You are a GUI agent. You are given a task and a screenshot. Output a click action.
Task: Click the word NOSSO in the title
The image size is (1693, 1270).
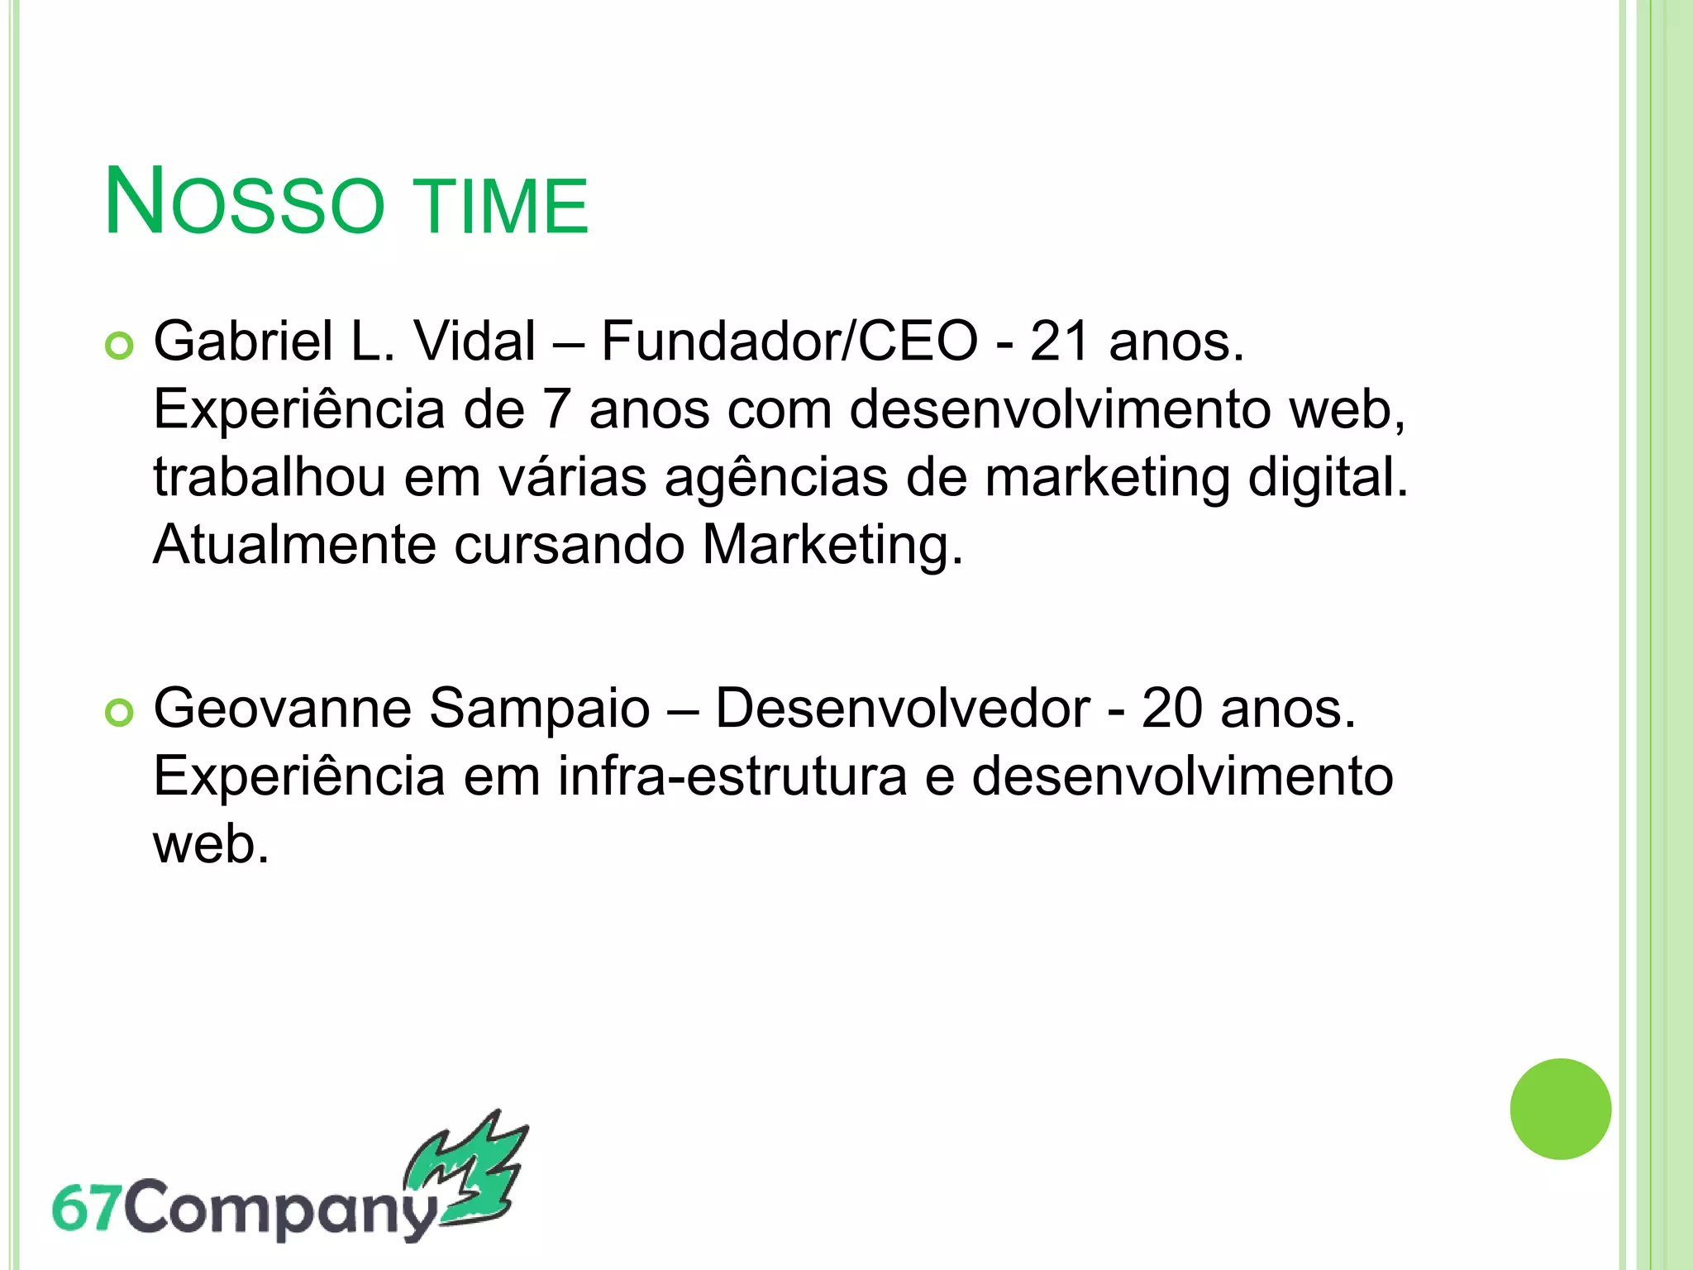pyautogui.click(x=245, y=203)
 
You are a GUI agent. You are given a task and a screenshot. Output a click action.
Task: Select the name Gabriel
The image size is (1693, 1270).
pyautogui.click(x=243, y=342)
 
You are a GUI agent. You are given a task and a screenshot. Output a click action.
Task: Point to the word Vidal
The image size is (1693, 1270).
pyautogui.click(x=475, y=342)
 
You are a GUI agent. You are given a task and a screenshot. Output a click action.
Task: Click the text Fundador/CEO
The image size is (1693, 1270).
pyautogui.click(x=789, y=342)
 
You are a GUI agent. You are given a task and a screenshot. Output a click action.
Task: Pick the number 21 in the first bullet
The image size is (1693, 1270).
pyautogui.click(x=1059, y=342)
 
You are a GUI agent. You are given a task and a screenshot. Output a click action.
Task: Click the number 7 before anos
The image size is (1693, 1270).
pyautogui.click(x=556, y=410)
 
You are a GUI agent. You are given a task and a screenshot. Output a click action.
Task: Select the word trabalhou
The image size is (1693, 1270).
pyautogui.click(x=269, y=478)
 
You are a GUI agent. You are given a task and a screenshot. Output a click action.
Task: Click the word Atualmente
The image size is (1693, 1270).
pyautogui.click(x=294, y=546)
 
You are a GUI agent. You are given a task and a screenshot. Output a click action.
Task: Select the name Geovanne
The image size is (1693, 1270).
pyautogui.click(x=283, y=709)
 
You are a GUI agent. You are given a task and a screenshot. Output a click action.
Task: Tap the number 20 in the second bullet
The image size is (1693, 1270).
pyautogui.click(x=1172, y=709)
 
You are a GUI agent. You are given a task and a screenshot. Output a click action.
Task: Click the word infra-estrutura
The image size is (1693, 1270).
pyautogui.click(x=732, y=777)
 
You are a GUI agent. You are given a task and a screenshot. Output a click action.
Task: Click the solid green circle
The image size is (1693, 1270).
pyautogui.click(x=1560, y=1109)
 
